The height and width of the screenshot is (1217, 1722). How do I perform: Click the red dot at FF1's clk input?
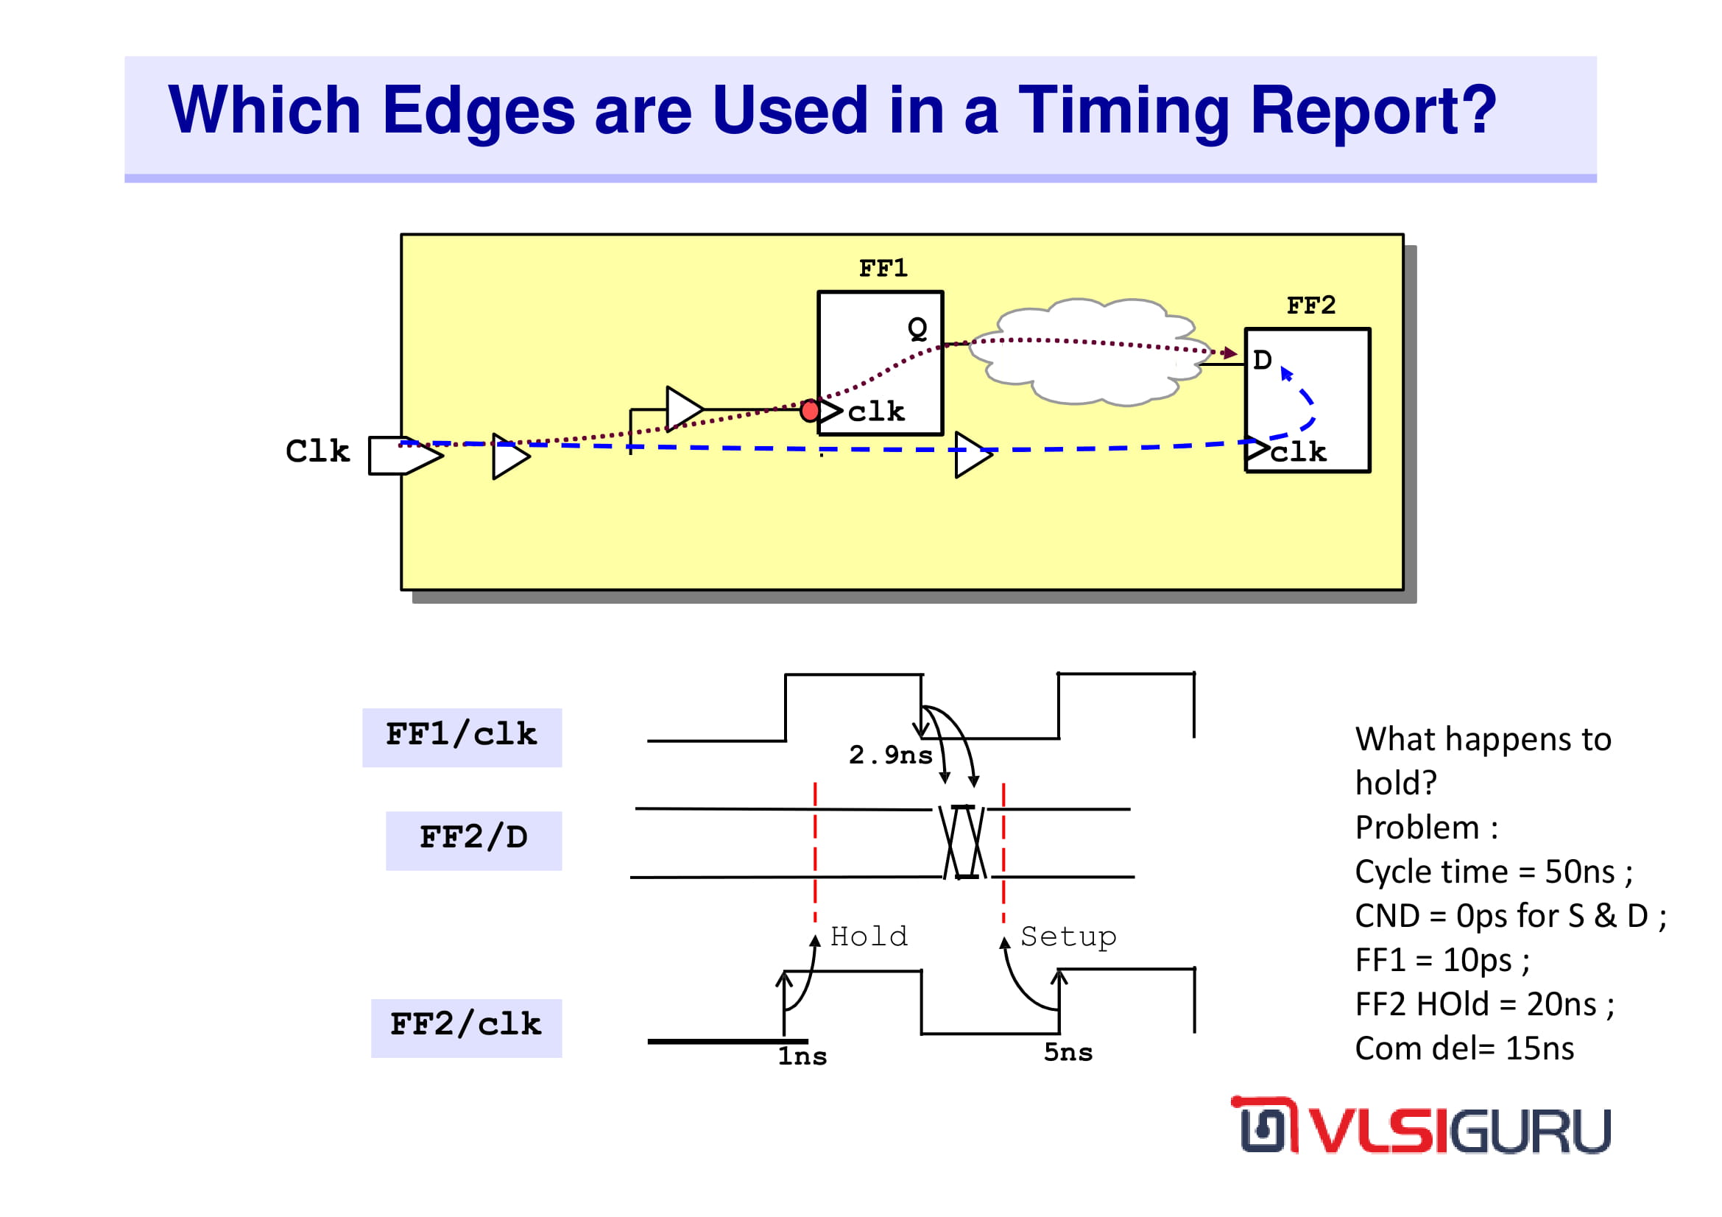pyautogui.click(x=810, y=410)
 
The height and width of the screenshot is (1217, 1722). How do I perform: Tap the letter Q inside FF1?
pyautogui.click(x=917, y=328)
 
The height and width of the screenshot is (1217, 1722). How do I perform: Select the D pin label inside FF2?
pyautogui.click(x=1263, y=360)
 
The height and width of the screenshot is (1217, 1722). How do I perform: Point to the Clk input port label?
pyautogui.click(x=317, y=451)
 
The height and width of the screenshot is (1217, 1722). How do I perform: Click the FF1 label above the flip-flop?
pyautogui.click(x=883, y=268)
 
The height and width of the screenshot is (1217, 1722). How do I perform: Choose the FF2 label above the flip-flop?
pyautogui.click(x=1311, y=306)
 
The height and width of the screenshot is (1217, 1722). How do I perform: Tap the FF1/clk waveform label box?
pyautogui.click(x=462, y=737)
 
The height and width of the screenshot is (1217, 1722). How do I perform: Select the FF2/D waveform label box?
pyautogui.click(x=474, y=841)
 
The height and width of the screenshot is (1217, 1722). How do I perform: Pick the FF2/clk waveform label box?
pyautogui.click(x=467, y=1028)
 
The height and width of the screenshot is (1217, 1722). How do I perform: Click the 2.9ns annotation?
pyautogui.click(x=890, y=755)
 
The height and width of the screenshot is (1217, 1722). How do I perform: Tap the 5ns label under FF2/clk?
pyautogui.click(x=1068, y=1052)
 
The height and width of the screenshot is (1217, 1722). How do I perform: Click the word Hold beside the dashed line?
pyautogui.click(x=869, y=936)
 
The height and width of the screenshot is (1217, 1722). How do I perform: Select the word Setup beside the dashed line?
pyautogui.click(x=1068, y=937)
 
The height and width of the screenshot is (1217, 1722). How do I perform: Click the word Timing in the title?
pyautogui.click(x=1124, y=111)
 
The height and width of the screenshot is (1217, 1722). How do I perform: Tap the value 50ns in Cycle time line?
pyautogui.click(x=1579, y=872)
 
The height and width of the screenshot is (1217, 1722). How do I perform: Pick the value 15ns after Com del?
pyautogui.click(x=1539, y=1048)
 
